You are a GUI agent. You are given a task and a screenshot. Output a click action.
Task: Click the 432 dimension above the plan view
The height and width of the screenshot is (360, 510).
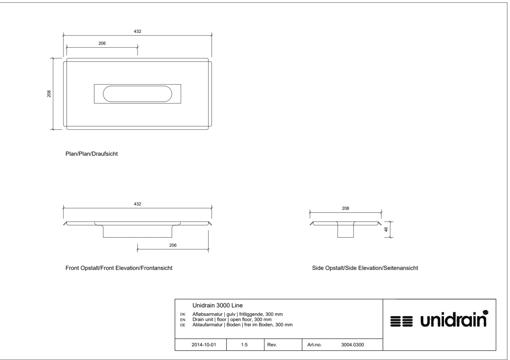tap(137, 32)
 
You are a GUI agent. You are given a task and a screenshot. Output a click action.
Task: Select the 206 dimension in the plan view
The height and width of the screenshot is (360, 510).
tap(102, 43)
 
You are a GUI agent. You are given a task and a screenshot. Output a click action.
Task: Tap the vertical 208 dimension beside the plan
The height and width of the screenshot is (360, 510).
tap(49, 94)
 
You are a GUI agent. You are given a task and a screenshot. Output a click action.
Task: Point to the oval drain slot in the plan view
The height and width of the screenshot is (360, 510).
tap(137, 94)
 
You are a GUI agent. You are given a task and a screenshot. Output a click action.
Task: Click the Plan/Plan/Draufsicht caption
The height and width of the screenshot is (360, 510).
tap(91, 154)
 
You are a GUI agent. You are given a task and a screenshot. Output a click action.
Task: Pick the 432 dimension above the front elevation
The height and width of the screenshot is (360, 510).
tap(137, 204)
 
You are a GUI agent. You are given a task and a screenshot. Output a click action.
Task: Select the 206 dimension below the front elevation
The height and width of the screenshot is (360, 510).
tap(173, 245)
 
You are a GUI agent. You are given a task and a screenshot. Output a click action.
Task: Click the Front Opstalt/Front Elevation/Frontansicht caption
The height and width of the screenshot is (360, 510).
tap(119, 268)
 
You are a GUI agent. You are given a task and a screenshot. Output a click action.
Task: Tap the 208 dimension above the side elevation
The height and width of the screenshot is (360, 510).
tap(346, 208)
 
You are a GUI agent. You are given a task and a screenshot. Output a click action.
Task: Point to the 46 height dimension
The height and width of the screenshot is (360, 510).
tap(386, 229)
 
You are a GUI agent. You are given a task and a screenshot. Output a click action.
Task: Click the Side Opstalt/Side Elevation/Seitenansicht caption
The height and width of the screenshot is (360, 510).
tap(365, 268)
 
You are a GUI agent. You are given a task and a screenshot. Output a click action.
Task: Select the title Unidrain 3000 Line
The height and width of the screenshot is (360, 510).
tap(218, 306)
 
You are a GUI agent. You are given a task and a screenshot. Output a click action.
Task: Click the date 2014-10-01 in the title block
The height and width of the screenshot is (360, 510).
tap(204, 345)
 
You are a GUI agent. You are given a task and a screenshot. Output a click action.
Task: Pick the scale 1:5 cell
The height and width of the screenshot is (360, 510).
tap(244, 345)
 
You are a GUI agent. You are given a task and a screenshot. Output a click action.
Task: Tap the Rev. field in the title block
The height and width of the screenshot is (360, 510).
tap(272, 345)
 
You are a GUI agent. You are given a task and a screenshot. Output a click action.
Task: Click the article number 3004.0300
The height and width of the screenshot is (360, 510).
tap(353, 345)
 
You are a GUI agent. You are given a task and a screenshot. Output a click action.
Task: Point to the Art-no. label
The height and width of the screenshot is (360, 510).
tap(314, 345)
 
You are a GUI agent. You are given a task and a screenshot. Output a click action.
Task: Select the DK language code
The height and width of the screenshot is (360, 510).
tap(183, 314)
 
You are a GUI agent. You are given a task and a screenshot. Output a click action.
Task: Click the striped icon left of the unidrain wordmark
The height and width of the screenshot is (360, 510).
tap(401, 321)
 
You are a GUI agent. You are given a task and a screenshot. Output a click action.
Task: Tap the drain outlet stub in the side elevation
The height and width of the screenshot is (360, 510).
tap(346, 230)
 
